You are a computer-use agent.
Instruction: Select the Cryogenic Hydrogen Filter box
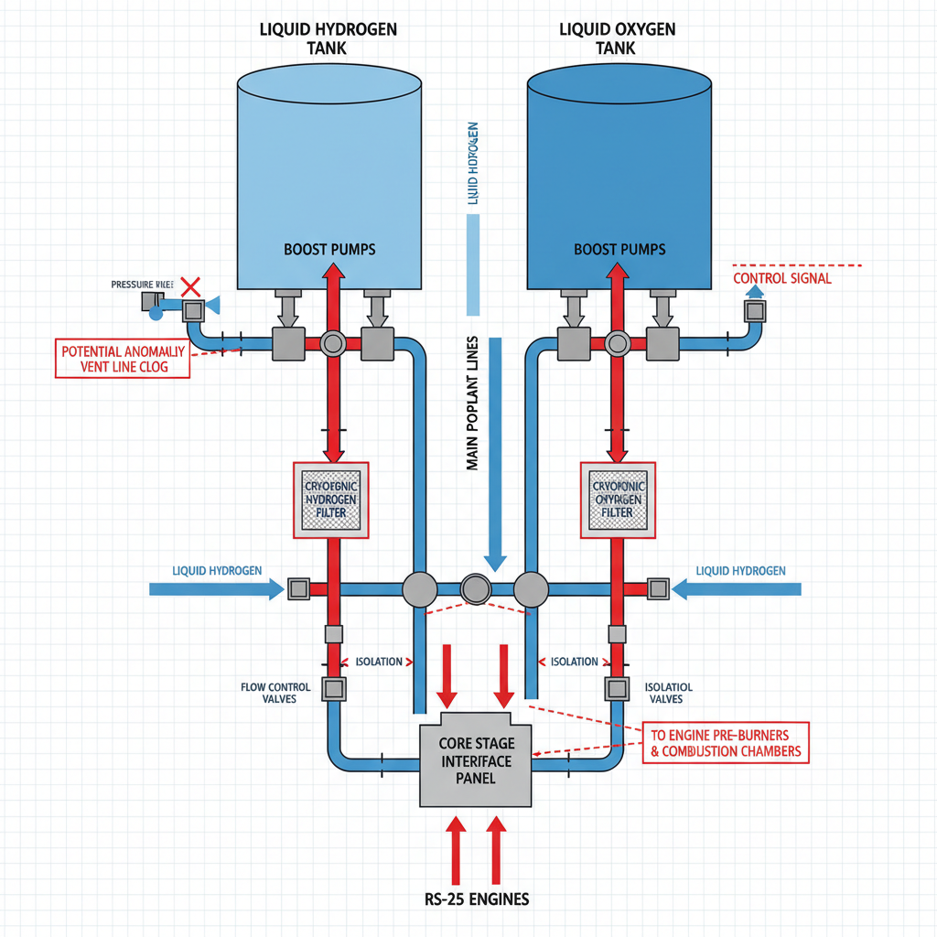(329, 500)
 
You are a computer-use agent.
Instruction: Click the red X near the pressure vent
(191, 286)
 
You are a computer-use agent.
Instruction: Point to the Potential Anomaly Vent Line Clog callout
(124, 359)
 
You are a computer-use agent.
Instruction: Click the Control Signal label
(782, 278)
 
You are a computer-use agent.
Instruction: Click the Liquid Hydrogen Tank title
(329, 38)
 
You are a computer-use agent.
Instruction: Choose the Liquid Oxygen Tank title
(618, 38)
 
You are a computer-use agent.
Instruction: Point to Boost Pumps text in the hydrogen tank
(329, 249)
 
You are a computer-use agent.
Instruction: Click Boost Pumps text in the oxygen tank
(619, 249)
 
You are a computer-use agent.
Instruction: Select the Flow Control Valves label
(275, 693)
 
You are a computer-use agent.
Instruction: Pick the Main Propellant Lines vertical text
(473, 403)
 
